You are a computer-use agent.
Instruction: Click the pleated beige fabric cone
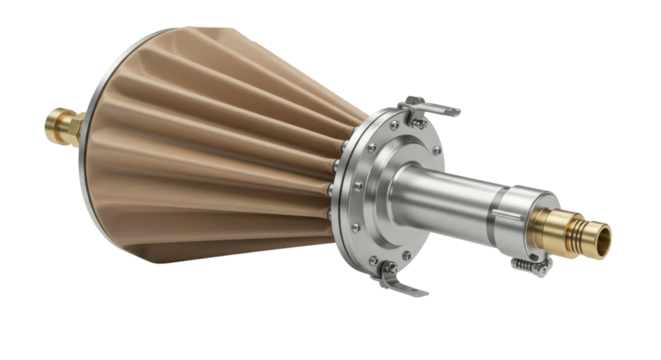click(220, 150)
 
